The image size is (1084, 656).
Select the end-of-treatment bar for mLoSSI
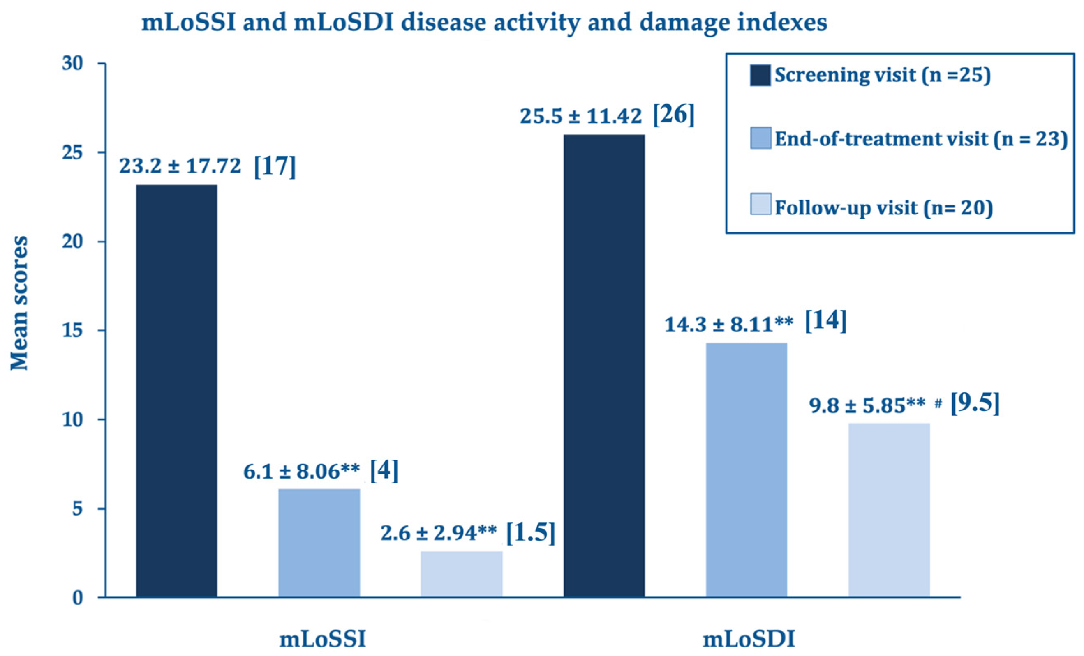pyautogui.click(x=319, y=543)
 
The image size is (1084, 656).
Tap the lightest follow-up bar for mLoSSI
pyautogui.click(x=462, y=574)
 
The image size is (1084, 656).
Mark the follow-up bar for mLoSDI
pyautogui.click(x=889, y=510)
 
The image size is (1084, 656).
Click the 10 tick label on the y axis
pyautogui.click(x=72, y=420)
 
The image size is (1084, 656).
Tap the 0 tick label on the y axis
pyautogui.click(x=77, y=598)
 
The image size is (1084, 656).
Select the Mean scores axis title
pyautogui.click(x=19, y=304)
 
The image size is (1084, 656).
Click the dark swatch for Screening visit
pyautogui.click(x=760, y=75)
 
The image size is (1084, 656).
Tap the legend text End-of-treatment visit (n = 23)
pyautogui.click(x=921, y=139)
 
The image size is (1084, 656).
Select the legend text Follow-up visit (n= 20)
pyautogui.click(x=883, y=208)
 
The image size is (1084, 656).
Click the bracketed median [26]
pyautogui.click(x=673, y=115)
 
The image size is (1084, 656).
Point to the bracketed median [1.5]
pyautogui.click(x=531, y=533)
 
